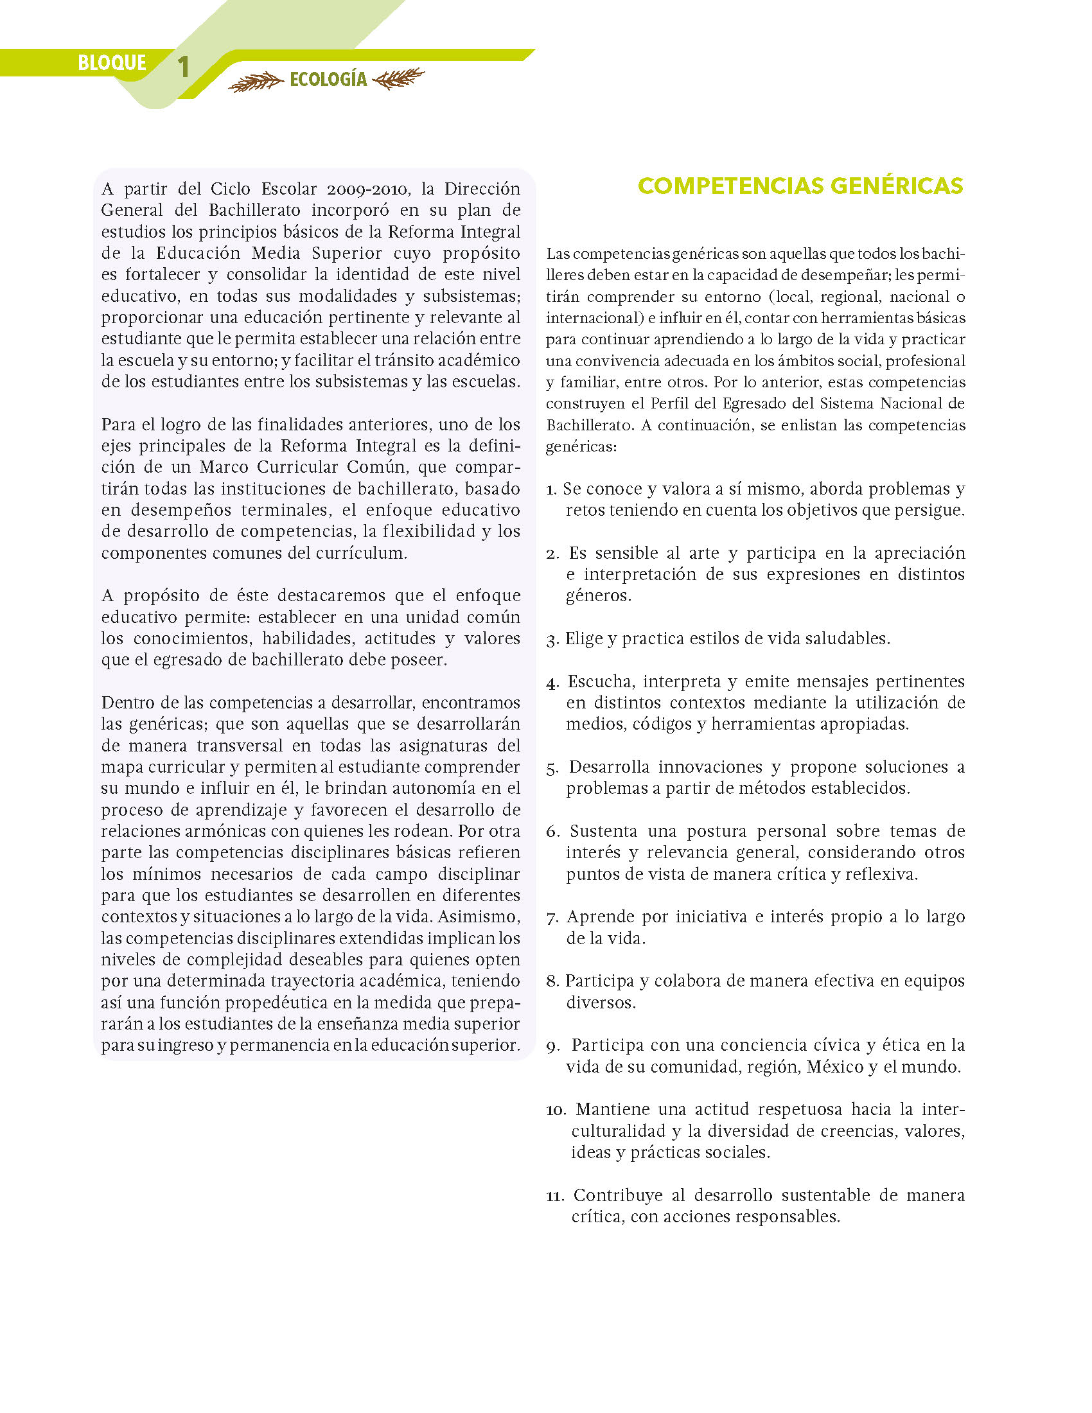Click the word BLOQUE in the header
[112, 63]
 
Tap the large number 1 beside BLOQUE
[184, 67]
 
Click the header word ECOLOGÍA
[328, 80]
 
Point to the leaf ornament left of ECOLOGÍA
[256, 82]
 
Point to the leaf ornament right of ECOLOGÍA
[399, 79]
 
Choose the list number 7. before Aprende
[552, 918]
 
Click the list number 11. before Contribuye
[556, 1197]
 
